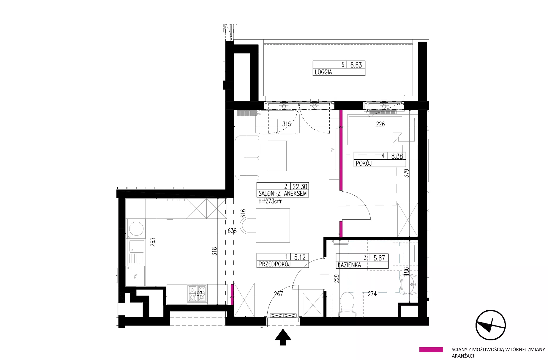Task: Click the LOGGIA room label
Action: (x=323, y=72)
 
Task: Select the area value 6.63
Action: (x=356, y=65)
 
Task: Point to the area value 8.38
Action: (x=397, y=156)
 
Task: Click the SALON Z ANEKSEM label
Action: (x=282, y=194)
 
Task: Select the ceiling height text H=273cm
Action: (x=270, y=201)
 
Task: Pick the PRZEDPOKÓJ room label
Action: (x=274, y=264)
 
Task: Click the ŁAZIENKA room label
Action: (x=349, y=265)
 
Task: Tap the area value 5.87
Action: (x=379, y=258)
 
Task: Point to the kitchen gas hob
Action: (x=197, y=294)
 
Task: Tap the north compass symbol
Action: (x=490, y=325)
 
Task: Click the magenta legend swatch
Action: (x=431, y=350)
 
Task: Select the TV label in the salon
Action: (x=333, y=150)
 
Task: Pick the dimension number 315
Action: (x=286, y=124)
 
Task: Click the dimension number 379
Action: (x=406, y=173)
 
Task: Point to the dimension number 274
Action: (x=372, y=294)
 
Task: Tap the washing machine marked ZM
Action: (x=135, y=276)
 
